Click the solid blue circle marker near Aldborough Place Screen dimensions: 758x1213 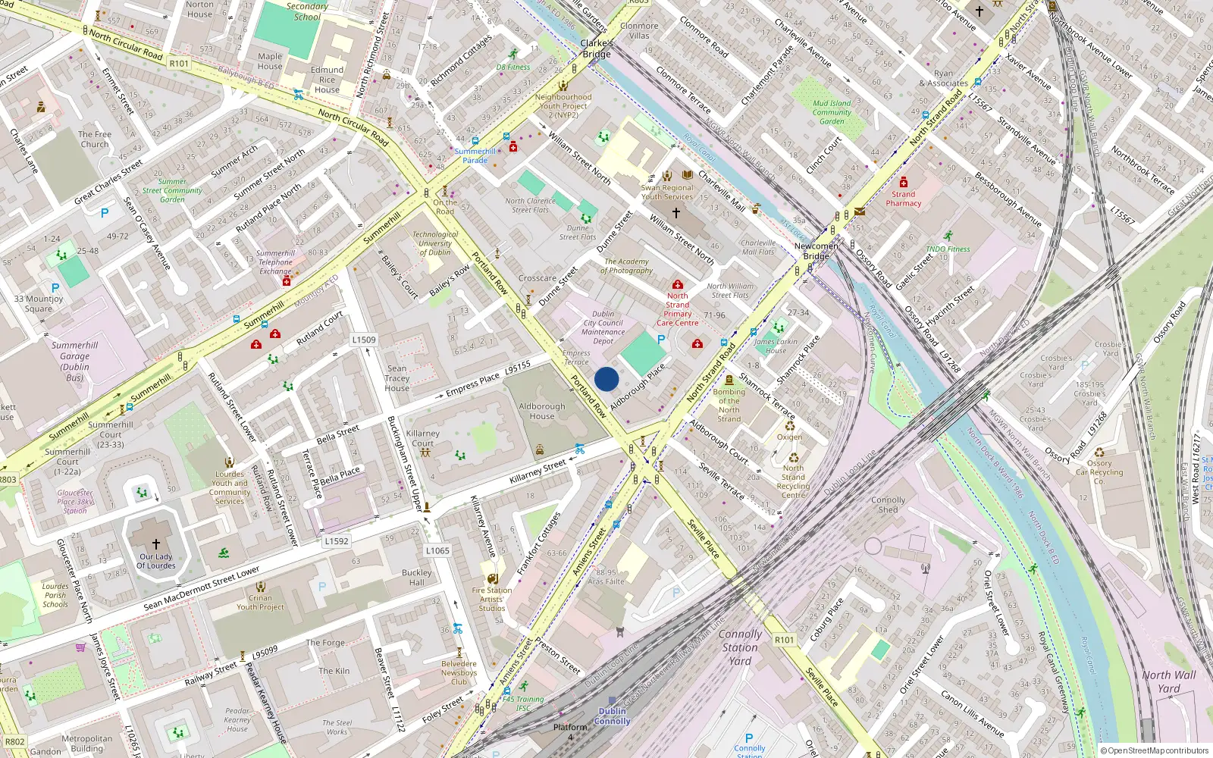(x=606, y=379)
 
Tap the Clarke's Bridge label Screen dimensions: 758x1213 (x=596, y=49)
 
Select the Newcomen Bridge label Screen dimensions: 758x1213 (x=816, y=251)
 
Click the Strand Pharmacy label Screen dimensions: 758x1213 (x=903, y=199)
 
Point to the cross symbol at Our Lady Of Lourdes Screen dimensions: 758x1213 (x=156, y=543)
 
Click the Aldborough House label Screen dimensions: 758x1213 (x=541, y=411)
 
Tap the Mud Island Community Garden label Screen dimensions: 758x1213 (x=832, y=112)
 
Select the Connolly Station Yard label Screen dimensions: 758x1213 (x=740, y=647)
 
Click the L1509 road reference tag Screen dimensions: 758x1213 (x=364, y=340)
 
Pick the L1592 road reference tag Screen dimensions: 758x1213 (x=337, y=541)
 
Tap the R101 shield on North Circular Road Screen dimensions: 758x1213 (x=179, y=64)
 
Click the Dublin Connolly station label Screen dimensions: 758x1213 (x=612, y=716)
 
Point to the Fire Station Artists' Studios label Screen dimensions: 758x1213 (x=491, y=599)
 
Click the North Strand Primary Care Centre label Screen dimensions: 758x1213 (x=678, y=309)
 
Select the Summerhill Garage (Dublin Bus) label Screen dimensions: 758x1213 (x=74, y=361)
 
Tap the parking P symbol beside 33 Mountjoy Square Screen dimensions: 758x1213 (x=55, y=288)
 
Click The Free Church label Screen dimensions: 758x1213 (x=95, y=139)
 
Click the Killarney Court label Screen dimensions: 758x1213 (x=422, y=438)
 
